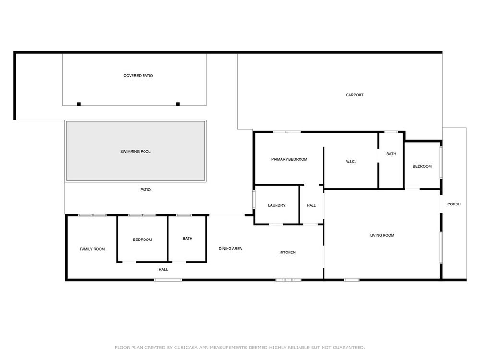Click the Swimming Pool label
click(x=135, y=152)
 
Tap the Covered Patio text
click(x=138, y=76)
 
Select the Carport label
click(x=355, y=95)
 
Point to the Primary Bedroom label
click(x=289, y=159)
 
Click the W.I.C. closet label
click(x=350, y=162)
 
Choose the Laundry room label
click(x=276, y=205)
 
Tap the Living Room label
click(x=382, y=235)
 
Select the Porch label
click(x=454, y=204)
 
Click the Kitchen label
click(x=288, y=252)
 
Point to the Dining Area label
click(x=230, y=249)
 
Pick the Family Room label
click(x=92, y=249)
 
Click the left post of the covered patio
click(x=79, y=104)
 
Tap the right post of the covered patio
click(x=178, y=104)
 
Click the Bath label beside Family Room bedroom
click(x=187, y=238)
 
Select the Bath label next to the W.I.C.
click(x=391, y=154)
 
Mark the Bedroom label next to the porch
click(x=422, y=166)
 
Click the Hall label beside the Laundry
click(x=311, y=205)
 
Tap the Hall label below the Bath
click(x=163, y=270)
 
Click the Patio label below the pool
click(x=145, y=190)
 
